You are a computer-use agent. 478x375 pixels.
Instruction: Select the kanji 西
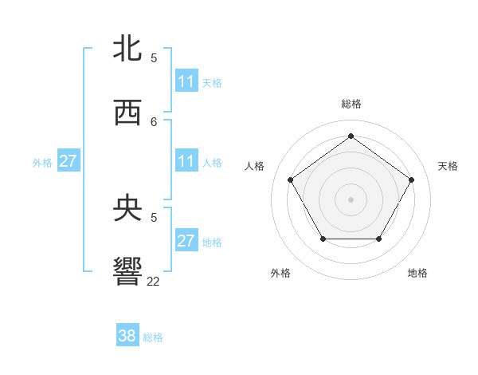(127, 112)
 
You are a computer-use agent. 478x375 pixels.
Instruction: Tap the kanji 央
(127, 208)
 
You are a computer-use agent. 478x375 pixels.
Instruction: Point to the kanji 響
(127, 272)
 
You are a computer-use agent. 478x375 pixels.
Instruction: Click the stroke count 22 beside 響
(154, 281)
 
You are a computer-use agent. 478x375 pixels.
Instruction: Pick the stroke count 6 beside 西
(154, 121)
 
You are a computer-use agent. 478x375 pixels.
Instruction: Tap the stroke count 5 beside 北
(154, 57)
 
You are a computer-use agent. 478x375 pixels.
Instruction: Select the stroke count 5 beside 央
(154, 217)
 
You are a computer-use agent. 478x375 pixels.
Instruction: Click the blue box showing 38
(127, 336)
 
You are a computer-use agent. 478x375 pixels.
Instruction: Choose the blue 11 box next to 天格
(186, 81)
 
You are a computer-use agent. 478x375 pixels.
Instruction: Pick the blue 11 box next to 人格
(186, 161)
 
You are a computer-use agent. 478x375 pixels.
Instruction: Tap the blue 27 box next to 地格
(186, 241)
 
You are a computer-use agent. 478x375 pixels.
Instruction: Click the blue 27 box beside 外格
(68, 161)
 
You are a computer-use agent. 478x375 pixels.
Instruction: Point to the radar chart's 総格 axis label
(351, 104)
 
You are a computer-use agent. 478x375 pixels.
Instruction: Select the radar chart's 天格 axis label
(448, 166)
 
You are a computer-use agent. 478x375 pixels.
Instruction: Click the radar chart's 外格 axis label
(280, 273)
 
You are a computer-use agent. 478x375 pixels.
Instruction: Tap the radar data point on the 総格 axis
(351, 136)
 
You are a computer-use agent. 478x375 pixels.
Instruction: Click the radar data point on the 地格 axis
(378, 239)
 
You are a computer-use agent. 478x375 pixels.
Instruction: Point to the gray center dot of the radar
(351, 199)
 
